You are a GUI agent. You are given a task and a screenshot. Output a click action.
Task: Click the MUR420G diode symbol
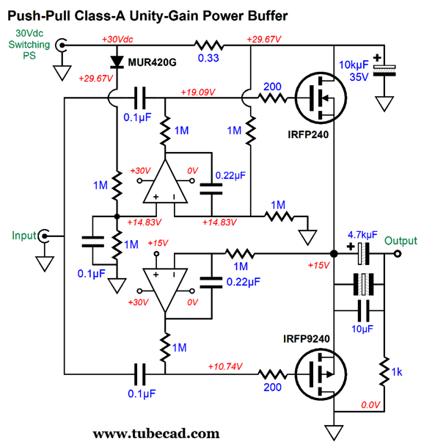pyautogui.click(x=117, y=62)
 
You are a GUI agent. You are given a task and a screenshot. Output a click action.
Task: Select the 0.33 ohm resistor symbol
pyautogui.click(x=209, y=46)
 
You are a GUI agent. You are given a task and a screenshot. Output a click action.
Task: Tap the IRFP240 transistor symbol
pyautogui.click(x=321, y=98)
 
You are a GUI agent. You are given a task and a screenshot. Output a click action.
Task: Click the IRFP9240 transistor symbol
pyautogui.click(x=321, y=374)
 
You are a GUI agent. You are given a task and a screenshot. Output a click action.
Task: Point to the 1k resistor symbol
pyautogui.click(x=384, y=371)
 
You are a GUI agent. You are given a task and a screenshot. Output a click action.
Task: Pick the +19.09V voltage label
pyautogui.click(x=198, y=92)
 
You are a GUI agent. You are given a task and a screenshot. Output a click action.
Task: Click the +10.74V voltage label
pyautogui.click(x=225, y=366)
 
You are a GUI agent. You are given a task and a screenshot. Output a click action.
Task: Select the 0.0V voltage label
pyautogui.click(x=370, y=404)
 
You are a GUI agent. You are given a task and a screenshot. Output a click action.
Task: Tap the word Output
pyautogui.click(x=401, y=241)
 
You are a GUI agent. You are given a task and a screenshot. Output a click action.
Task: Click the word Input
pyautogui.click(x=24, y=236)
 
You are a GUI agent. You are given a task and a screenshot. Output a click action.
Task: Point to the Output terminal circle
pyautogui.click(x=398, y=253)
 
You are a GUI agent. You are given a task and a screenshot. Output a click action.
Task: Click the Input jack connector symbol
pyautogui.click(x=44, y=236)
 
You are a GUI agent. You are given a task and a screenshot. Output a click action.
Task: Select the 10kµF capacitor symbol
pyautogui.click(x=384, y=70)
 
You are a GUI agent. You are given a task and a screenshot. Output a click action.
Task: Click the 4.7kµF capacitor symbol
pyautogui.click(x=363, y=253)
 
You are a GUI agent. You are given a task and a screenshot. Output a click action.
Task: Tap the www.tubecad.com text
pyautogui.click(x=156, y=434)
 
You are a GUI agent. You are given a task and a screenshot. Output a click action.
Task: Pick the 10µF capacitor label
pyautogui.click(x=362, y=329)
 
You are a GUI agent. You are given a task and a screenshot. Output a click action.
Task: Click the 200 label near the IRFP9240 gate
pyautogui.click(x=272, y=387)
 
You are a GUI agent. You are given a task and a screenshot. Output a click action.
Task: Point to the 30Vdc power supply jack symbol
pyautogui.click(x=62, y=45)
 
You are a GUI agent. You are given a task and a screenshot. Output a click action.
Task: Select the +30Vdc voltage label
pyautogui.click(x=117, y=39)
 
